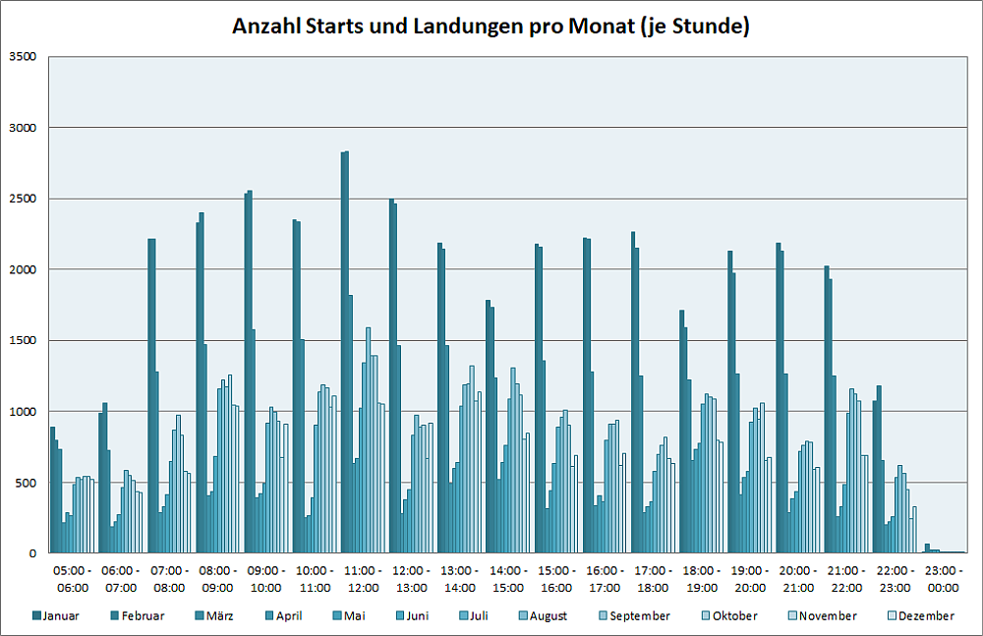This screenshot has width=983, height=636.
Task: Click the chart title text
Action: [491, 27]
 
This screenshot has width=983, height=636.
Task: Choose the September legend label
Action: [639, 616]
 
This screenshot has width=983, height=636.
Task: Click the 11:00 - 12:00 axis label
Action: [363, 579]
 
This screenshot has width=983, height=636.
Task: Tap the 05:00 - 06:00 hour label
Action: [73, 579]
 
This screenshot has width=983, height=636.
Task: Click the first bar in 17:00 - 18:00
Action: [632, 392]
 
